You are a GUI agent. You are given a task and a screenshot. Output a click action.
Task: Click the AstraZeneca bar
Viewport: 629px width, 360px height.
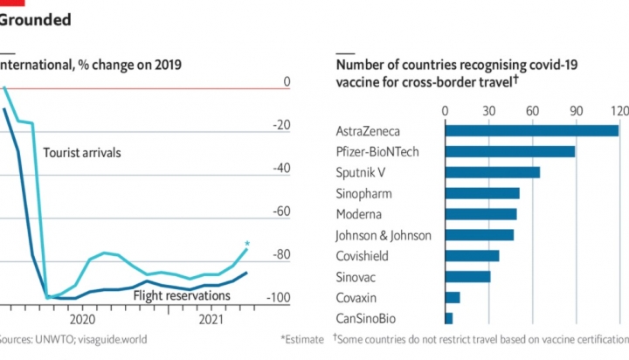pyautogui.click(x=532, y=131)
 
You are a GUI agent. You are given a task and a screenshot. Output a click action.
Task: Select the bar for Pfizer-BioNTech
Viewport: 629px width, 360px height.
pyautogui.click(x=510, y=152)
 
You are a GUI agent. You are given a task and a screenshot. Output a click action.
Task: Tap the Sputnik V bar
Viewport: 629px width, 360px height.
pyautogui.click(x=493, y=172)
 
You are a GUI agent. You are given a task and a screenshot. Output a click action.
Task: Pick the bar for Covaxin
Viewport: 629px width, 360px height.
pyautogui.click(x=453, y=297)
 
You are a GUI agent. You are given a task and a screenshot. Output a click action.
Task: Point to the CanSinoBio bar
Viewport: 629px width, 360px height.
pyautogui.click(x=449, y=318)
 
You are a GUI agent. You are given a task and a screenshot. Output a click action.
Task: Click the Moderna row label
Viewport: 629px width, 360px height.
pyautogui.click(x=360, y=214)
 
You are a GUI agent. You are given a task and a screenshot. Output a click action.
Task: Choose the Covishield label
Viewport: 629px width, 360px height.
pyautogui.click(x=363, y=256)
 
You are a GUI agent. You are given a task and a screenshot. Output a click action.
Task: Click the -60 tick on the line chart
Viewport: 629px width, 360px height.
pyautogui.click(x=280, y=211)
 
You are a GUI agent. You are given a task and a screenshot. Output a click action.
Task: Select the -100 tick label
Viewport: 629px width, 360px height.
pyautogui.click(x=278, y=298)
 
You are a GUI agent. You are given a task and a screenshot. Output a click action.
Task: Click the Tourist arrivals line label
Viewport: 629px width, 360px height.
pyautogui.click(x=81, y=153)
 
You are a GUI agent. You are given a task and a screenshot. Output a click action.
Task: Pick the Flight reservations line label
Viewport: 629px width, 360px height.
pyautogui.click(x=182, y=295)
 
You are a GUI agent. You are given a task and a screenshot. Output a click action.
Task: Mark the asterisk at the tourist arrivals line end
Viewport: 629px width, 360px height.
pyautogui.click(x=247, y=244)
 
